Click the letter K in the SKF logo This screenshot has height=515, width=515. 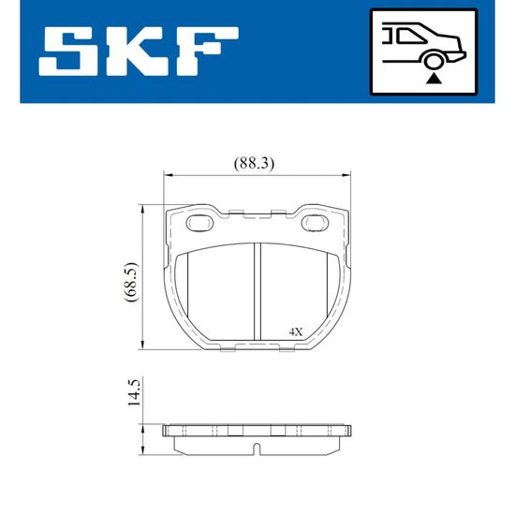pyautogui.click(x=139, y=51)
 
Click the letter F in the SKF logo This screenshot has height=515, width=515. pyautogui.click(x=206, y=51)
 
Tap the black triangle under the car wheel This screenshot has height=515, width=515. pyautogui.click(x=434, y=79)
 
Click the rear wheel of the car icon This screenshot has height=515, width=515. pyautogui.click(x=434, y=61)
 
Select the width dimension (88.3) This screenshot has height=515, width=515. pyautogui.click(x=254, y=163)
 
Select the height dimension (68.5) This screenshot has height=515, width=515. pyautogui.click(x=132, y=282)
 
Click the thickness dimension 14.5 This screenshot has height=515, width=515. pyautogui.click(x=134, y=392)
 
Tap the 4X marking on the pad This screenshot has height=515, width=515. pyautogui.click(x=296, y=331)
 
